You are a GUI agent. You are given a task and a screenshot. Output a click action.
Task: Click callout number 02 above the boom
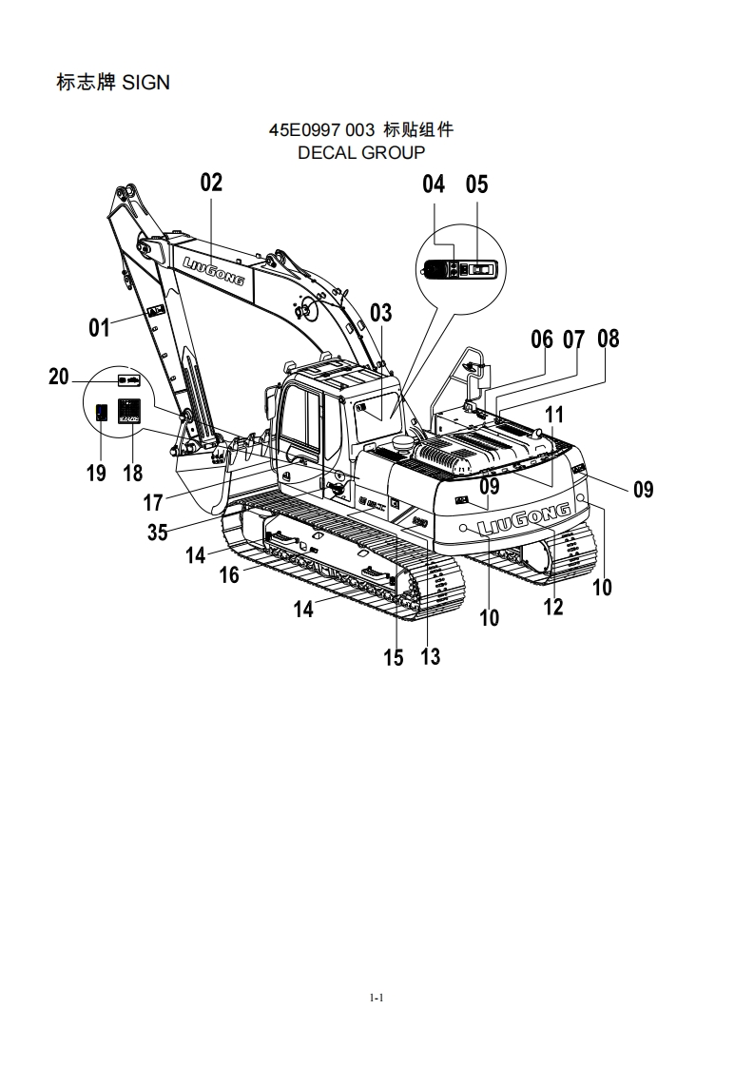[x=211, y=183]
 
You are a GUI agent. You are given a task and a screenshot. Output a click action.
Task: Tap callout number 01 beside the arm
[x=100, y=328]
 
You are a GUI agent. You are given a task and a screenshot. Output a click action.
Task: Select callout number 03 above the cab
[x=380, y=313]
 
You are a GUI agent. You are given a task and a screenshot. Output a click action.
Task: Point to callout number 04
[x=434, y=184]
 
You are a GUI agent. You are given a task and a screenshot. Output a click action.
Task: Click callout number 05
[x=476, y=184]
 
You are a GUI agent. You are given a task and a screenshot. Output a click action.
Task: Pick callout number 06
[x=541, y=339]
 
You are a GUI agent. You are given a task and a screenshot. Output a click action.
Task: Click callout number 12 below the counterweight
[x=553, y=607]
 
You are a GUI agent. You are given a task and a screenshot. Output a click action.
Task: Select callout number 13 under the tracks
[x=431, y=656]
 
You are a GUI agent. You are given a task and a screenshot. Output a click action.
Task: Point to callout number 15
[x=394, y=657]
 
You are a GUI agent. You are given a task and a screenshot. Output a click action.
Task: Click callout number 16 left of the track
[x=229, y=575]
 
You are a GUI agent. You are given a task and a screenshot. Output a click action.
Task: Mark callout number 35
[x=157, y=533]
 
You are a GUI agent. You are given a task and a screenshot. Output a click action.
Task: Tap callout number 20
[x=59, y=378]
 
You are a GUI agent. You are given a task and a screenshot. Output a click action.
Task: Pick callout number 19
[x=96, y=473]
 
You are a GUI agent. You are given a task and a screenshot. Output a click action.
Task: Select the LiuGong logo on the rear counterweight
[x=525, y=518]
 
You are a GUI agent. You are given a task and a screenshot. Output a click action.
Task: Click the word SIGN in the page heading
[x=146, y=84]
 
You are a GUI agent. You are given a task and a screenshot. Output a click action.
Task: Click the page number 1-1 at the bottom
[x=377, y=998]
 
